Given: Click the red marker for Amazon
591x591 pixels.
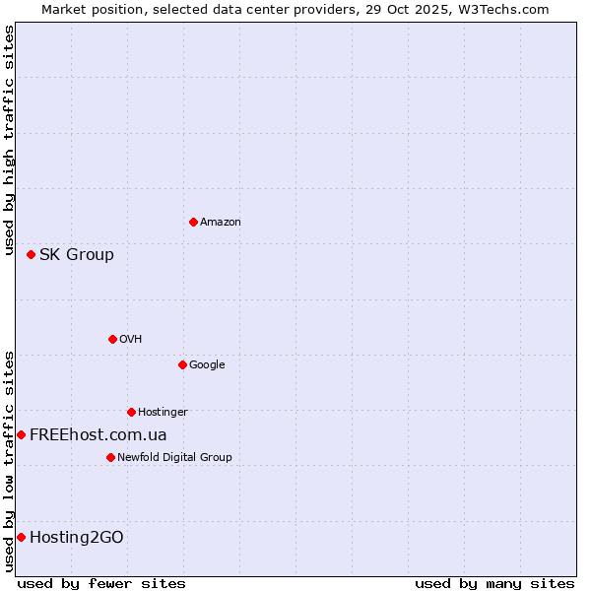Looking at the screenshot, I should coord(193,222).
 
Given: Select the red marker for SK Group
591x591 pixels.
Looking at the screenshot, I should coord(31,254).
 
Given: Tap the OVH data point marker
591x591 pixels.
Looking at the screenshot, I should coord(112,339).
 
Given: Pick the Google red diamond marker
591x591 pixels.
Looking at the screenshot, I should coord(182,364).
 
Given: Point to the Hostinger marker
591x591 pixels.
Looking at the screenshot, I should coord(131,412).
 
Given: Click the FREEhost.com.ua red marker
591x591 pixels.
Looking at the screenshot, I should coord(21,434).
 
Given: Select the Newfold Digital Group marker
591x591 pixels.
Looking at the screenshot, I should coord(110,457).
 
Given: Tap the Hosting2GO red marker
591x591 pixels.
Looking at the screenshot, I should coord(21,537).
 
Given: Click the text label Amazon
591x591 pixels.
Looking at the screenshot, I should coord(221,223).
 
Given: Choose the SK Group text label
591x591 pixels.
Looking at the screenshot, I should coord(77,254).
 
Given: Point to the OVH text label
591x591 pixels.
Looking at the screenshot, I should coord(131,340).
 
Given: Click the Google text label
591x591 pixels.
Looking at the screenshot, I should coord(207,365).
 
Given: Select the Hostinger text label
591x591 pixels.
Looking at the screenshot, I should coord(163,413).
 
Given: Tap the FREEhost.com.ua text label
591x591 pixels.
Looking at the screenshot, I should coord(98,434).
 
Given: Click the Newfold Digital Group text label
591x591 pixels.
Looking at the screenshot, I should coord(174,457).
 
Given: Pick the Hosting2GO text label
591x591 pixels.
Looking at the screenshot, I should coord(77,537).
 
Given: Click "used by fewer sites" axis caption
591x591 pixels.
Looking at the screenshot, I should coord(101,583).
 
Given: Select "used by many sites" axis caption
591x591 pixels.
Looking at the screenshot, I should coord(494,583).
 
